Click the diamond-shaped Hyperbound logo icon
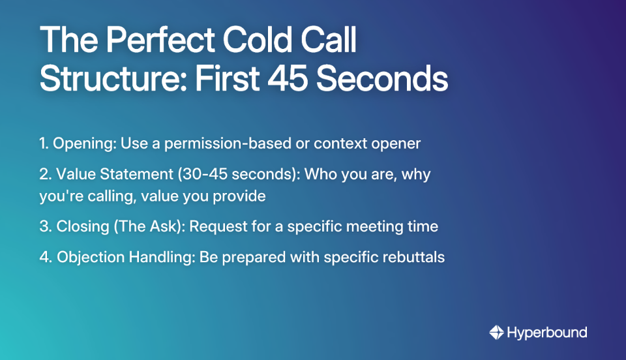(497, 333)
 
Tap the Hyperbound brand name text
(546, 333)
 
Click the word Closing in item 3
(83, 227)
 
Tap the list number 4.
(44, 257)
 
